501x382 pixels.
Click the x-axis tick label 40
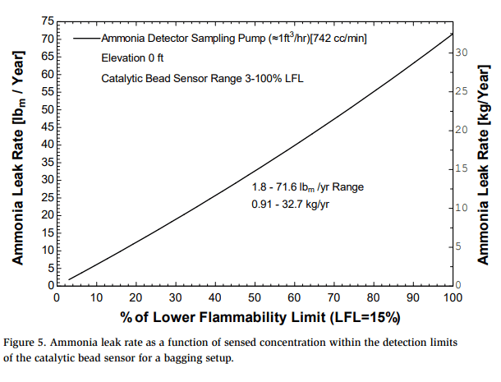pyautogui.click(x=214, y=298)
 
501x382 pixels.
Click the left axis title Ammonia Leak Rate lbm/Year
pyautogui.click(x=17, y=157)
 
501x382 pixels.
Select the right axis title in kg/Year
pyautogui.click(x=484, y=157)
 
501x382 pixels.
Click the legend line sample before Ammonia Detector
pyautogui.click(x=85, y=39)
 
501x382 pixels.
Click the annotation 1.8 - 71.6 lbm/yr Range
pyautogui.click(x=307, y=187)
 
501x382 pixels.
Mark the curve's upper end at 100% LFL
pyautogui.click(x=453, y=33)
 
